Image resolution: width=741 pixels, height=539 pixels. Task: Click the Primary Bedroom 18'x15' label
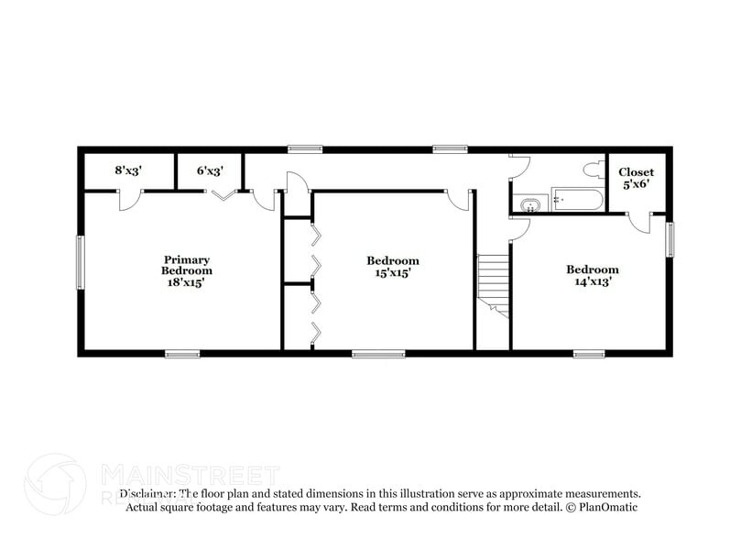click(x=187, y=271)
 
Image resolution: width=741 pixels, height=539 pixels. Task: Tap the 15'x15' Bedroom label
click(x=393, y=266)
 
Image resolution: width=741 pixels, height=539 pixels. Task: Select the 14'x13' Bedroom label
click(x=592, y=275)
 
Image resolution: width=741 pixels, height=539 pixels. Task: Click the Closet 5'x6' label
click(x=636, y=178)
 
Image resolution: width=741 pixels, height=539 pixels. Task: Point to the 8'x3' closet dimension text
click(x=129, y=170)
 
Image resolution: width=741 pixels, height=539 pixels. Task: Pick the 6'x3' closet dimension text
click(x=211, y=170)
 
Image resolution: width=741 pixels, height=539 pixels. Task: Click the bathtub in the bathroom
click(x=576, y=202)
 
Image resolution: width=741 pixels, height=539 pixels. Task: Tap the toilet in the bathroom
click(x=592, y=169)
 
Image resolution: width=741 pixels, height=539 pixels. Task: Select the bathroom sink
click(x=529, y=204)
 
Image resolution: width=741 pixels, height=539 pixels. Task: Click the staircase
click(x=492, y=283)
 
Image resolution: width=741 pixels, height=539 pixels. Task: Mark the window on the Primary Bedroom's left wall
click(x=80, y=262)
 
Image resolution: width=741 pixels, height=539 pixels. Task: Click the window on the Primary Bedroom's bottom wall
click(x=182, y=353)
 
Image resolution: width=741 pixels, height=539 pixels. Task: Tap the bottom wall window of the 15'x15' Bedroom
click(x=378, y=353)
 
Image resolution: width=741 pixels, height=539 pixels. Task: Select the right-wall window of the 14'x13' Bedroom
click(x=670, y=239)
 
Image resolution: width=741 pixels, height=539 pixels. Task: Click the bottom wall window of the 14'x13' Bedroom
click(x=588, y=353)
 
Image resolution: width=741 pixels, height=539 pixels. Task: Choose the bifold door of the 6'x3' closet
click(x=223, y=193)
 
